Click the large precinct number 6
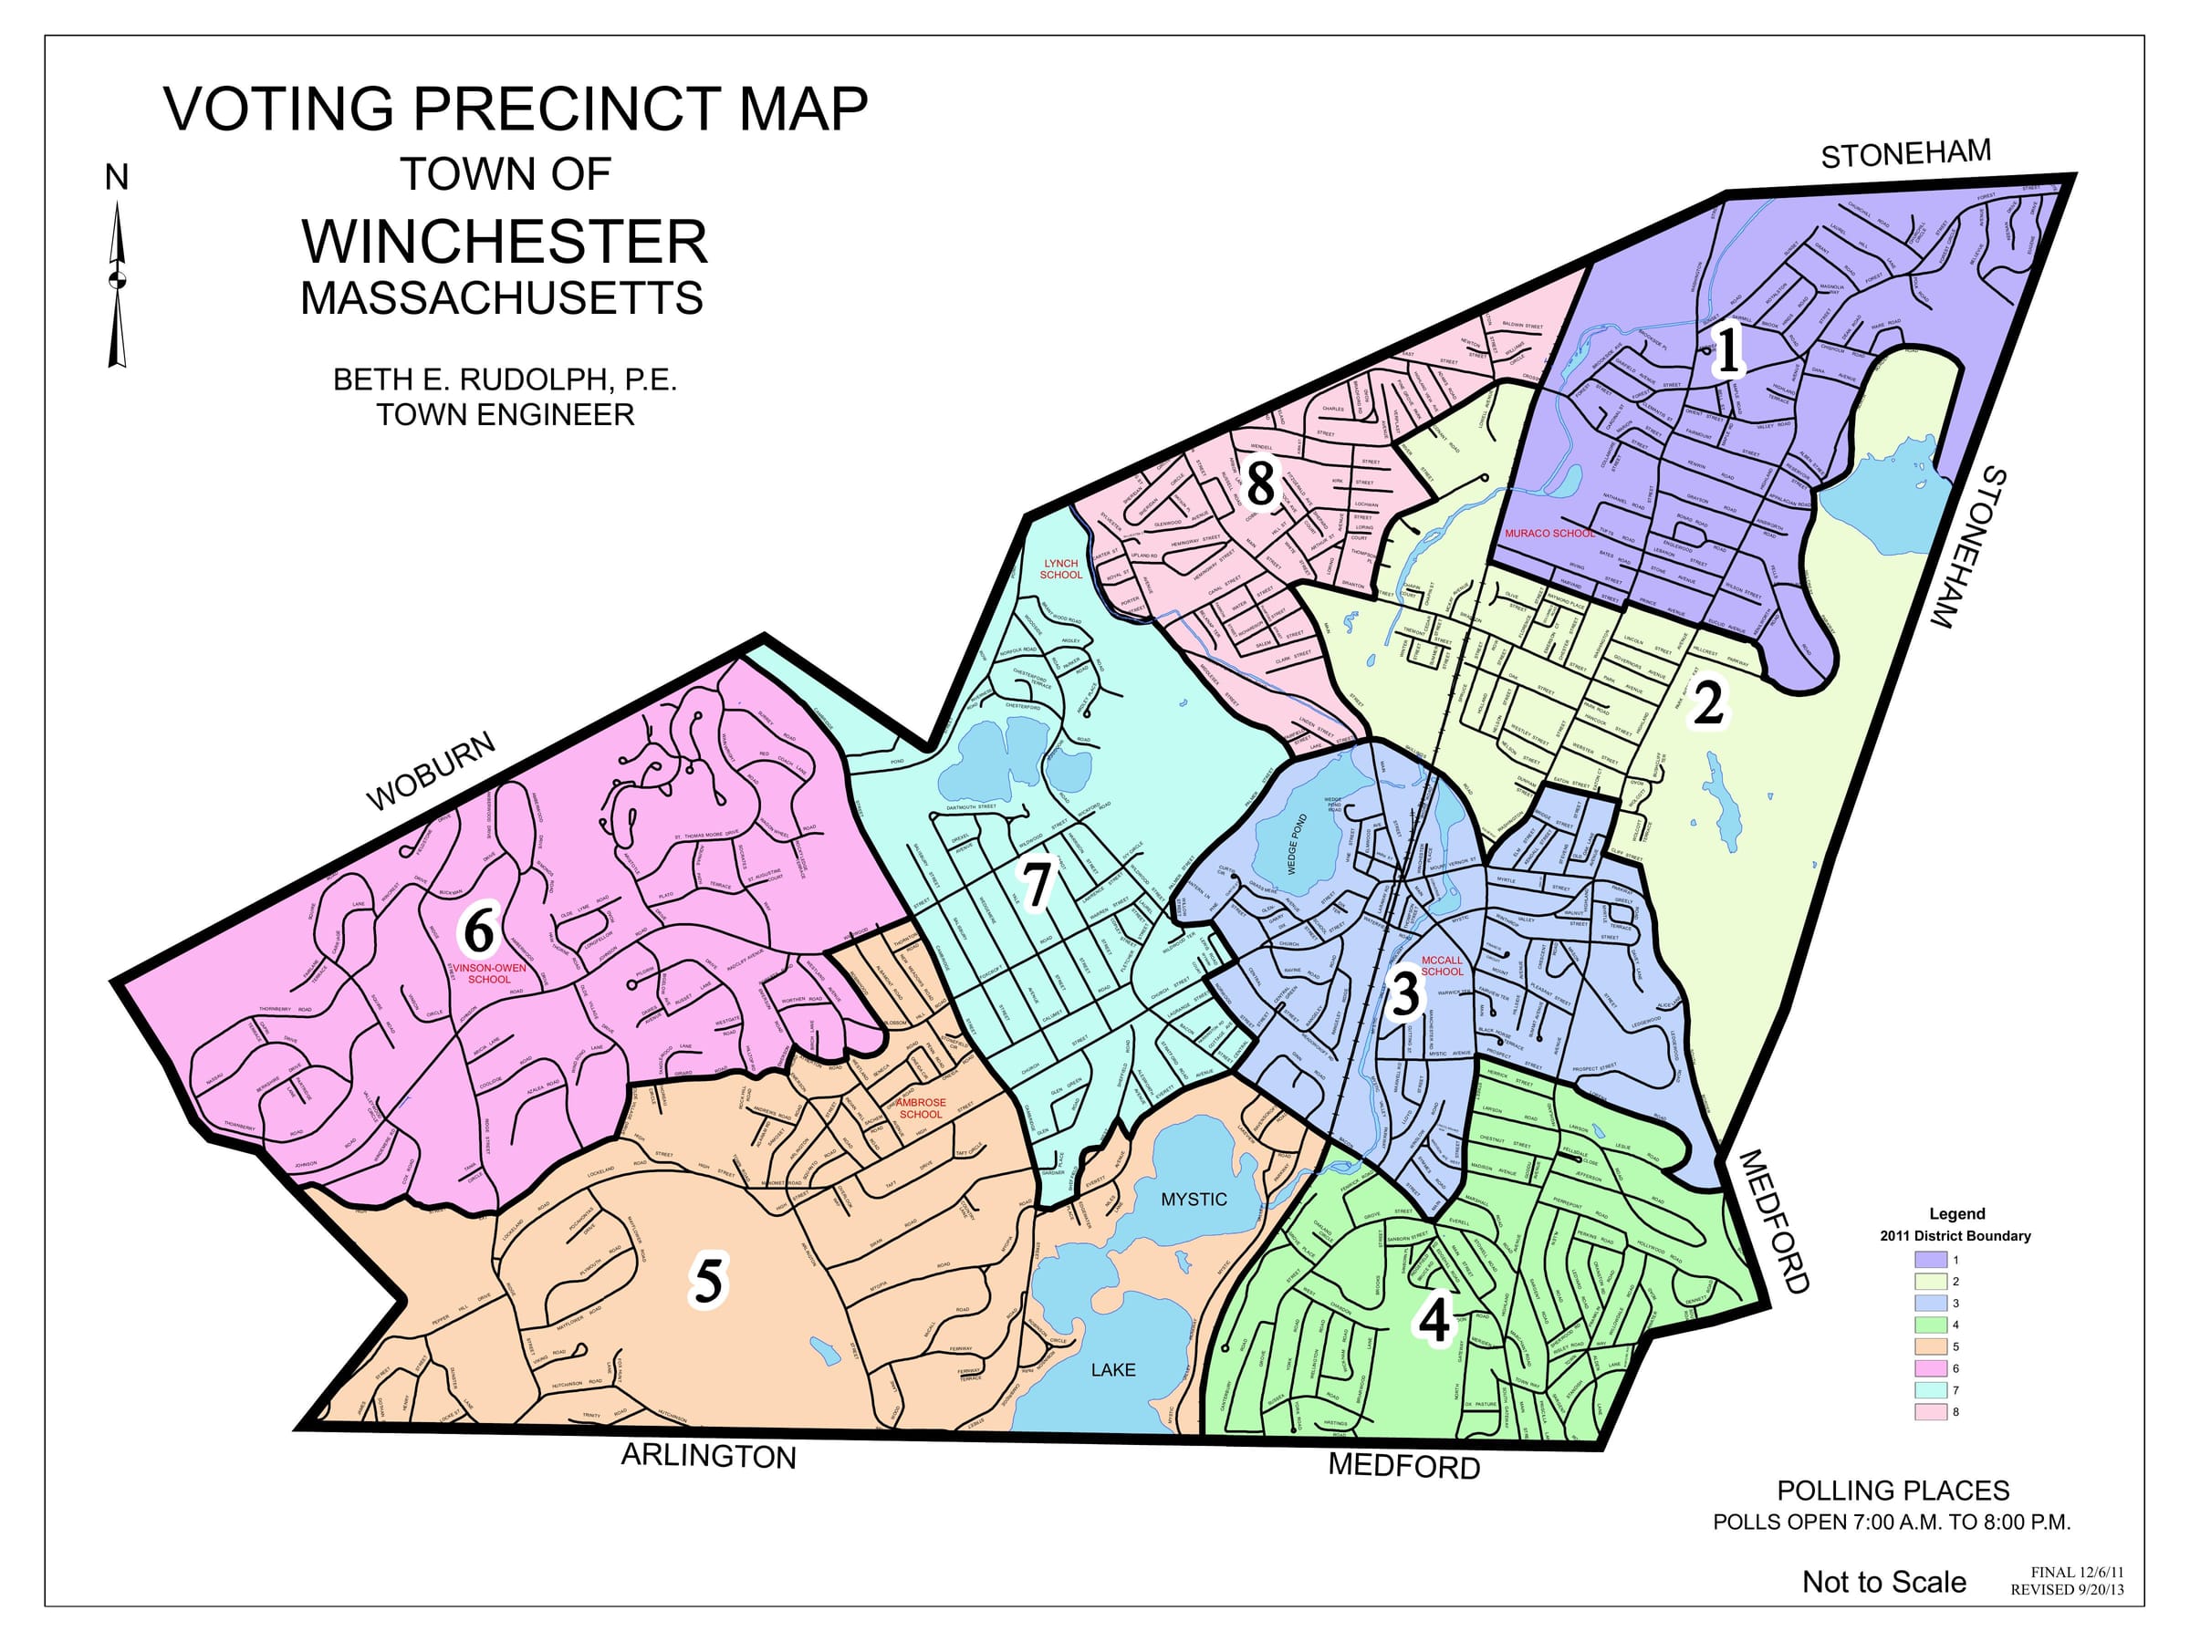tap(479, 931)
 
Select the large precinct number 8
tap(1260, 485)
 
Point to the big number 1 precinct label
tap(1728, 351)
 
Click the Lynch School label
tap(1060, 569)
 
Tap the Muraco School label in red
tap(1549, 534)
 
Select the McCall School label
tap(1442, 966)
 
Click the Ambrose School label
tap(921, 1108)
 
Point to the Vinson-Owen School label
tap(489, 974)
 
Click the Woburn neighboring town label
tap(431, 772)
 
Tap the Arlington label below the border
tap(708, 1457)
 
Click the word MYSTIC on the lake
tap(1193, 1200)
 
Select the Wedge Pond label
tap(1298, 844)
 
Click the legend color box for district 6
tap(1931, 1367)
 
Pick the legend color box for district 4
tap(1931, 1325)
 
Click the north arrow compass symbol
tap(118, 282)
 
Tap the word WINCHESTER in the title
tap(505, 242)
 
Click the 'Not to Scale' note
tap(1883, 1582)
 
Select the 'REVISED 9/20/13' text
tap(2067, 1589)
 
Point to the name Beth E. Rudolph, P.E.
tap(505, 379)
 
